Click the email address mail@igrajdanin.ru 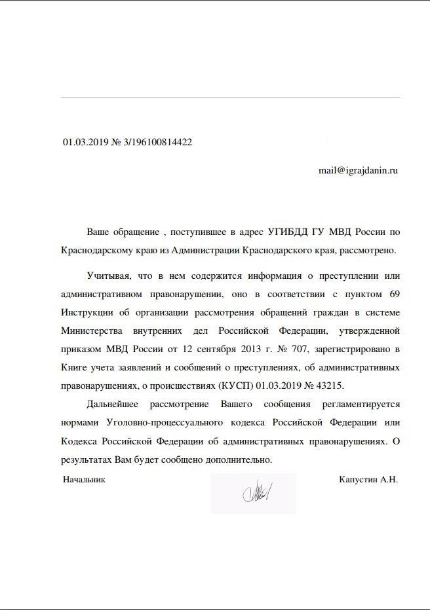(358, 170)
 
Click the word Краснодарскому (93, 250)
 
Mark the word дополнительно (238, 459)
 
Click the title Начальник (84, 479)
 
